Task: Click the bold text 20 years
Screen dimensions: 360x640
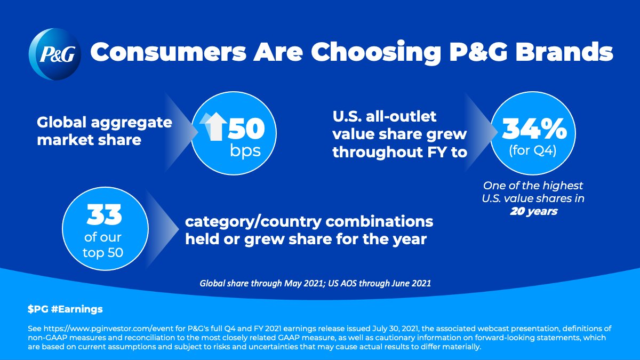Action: (x=533, y=212)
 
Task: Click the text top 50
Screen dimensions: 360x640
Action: (x=103, y=251)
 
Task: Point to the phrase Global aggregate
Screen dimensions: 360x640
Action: (x=104, y=123)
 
